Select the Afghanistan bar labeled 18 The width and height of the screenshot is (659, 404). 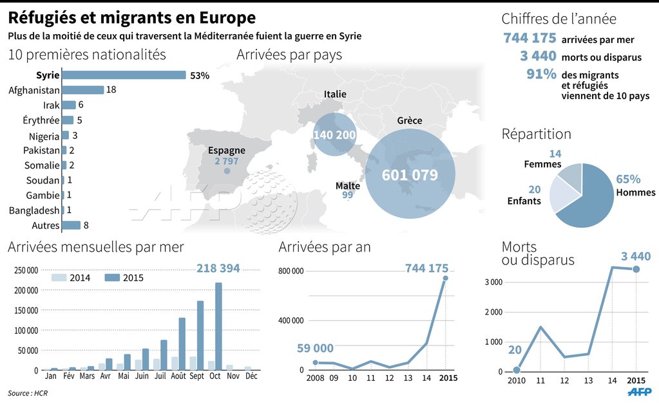82,90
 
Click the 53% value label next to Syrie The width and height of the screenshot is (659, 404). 200,75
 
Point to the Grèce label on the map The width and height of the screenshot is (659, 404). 410,121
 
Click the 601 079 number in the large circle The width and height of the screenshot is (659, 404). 410,175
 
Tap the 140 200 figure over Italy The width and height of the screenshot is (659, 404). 334,134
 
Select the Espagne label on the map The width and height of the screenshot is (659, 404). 227,151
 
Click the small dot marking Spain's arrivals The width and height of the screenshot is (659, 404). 227,172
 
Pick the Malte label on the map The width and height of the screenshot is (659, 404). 348,186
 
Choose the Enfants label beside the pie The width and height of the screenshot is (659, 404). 524,201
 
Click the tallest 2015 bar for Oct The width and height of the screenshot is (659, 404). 218,326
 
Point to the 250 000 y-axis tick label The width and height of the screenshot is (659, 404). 25,270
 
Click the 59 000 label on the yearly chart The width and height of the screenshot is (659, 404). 315,349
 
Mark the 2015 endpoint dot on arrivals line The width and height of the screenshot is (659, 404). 445,279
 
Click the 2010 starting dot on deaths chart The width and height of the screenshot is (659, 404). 517,370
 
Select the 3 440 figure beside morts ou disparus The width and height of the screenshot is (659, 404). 538,57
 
